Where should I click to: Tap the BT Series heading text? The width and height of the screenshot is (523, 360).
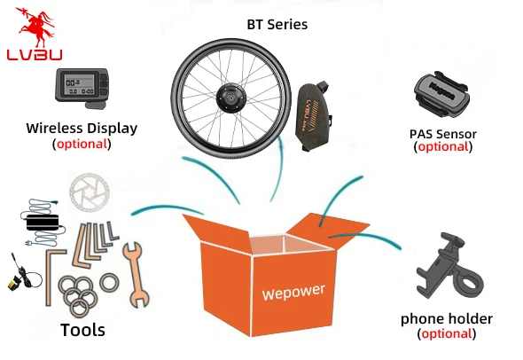click(x=277, y=25)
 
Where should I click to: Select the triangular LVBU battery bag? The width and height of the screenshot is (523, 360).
click(x=314, y=115)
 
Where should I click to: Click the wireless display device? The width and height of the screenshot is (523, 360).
click(x=82, y=88)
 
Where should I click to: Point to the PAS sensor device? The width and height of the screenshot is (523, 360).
click(x=441, y=94)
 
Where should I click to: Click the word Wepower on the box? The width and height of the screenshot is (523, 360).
click(x=293, y=292)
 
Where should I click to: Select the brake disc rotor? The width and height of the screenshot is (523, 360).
click(x=89, y=192)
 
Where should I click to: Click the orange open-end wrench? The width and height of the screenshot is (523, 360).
click(x=136, y=275)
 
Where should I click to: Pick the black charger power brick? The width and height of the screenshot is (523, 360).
click(x=43, y=223)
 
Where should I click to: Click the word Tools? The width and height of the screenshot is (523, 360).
click(x=82, y=330)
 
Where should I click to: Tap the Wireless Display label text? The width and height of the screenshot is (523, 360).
click(x=82, y=129)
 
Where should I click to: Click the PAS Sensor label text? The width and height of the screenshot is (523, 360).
click(x=443, y=134)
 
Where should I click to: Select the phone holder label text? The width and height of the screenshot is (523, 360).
click(x=446, y=319)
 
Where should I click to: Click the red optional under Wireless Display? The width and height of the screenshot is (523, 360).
click(x=82, y=145)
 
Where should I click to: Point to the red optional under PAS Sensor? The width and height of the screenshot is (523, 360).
click(x=443, y=147)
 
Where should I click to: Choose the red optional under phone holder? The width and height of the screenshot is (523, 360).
click(x=447, y=333)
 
